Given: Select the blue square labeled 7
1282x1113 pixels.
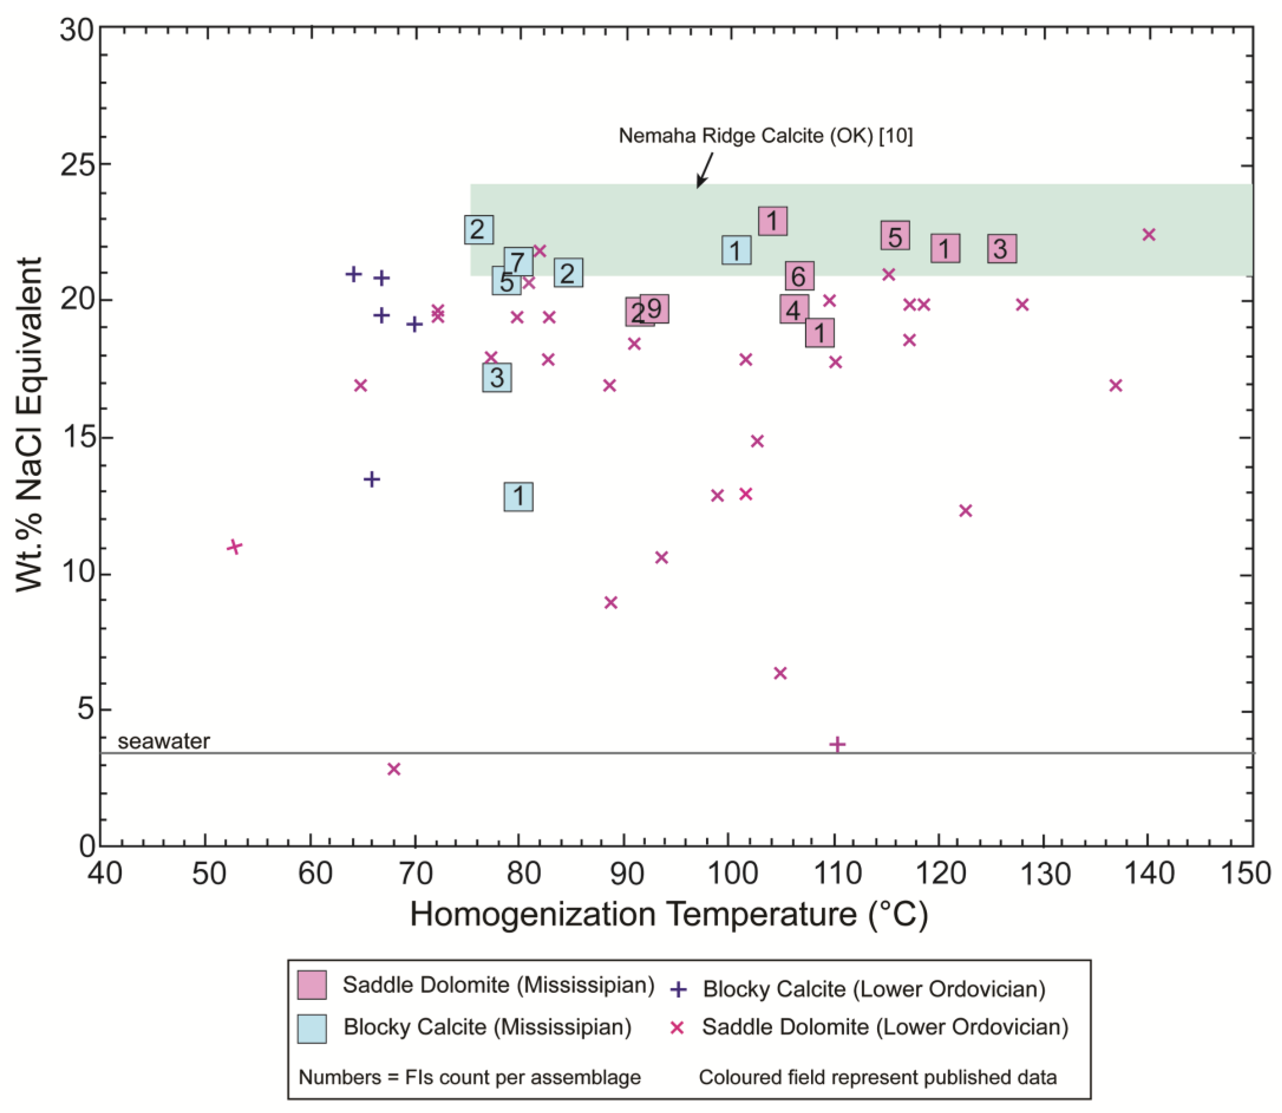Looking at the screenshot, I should [518, 262].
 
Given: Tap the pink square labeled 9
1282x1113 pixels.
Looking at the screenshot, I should [654, 309].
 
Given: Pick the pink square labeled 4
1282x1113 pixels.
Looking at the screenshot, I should [794, 309].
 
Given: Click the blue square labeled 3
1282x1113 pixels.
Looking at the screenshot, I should [497, 378].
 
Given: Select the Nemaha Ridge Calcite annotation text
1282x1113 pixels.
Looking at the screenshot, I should [765, 135].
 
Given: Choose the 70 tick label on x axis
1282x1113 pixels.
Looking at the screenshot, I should [415, 873].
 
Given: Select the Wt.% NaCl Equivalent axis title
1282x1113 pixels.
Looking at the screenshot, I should [30, 425].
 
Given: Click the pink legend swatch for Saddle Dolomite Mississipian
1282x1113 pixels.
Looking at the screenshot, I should [312, 985].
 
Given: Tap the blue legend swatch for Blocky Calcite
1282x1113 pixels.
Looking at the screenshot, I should [312, 1028].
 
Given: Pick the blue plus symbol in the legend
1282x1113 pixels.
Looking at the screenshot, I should [679, 990].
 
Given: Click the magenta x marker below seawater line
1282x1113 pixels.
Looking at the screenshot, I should [394, 769].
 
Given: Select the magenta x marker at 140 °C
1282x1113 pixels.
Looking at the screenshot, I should [1149, 234].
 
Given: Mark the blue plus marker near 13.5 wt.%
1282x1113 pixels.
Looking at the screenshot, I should [371, 479].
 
